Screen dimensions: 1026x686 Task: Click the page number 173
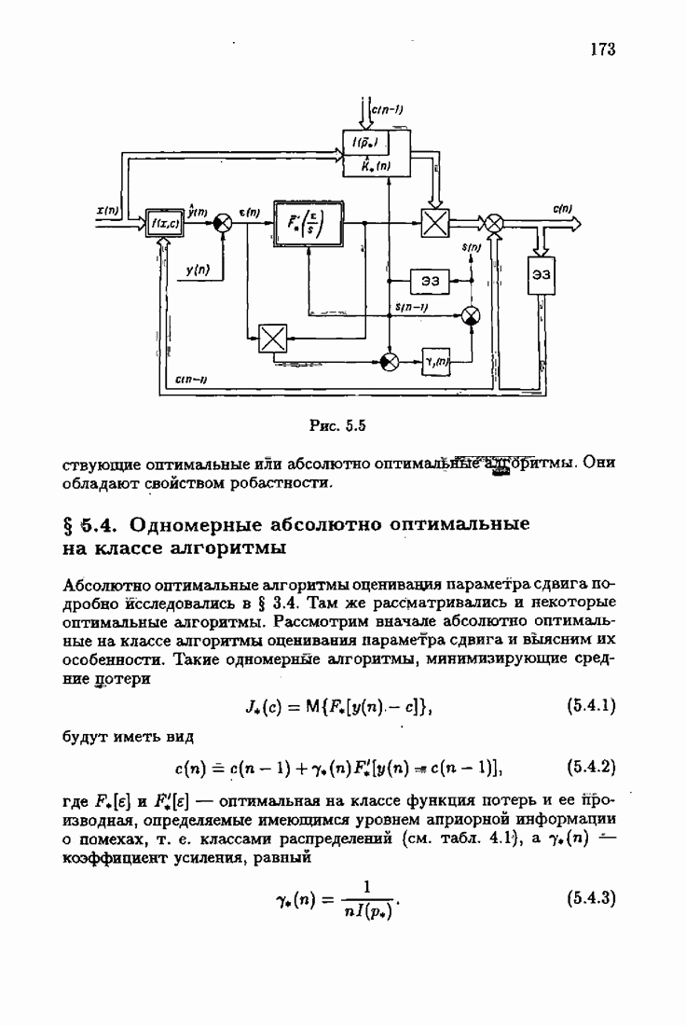pos(602,50)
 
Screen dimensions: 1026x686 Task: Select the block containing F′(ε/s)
pos(306,224)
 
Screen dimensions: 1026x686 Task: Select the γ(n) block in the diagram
pos(436,361)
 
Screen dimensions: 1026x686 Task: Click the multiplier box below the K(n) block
pos(434,224)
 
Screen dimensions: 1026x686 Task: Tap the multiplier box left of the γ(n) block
pos(272,337)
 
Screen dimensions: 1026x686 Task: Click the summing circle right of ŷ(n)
pos(224,223)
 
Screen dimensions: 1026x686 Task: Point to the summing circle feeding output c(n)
pos(495,223)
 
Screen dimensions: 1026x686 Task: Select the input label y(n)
pos(197,270)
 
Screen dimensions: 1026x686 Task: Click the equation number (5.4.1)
pos(591,707)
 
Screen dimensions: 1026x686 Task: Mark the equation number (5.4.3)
pos(591,900)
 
